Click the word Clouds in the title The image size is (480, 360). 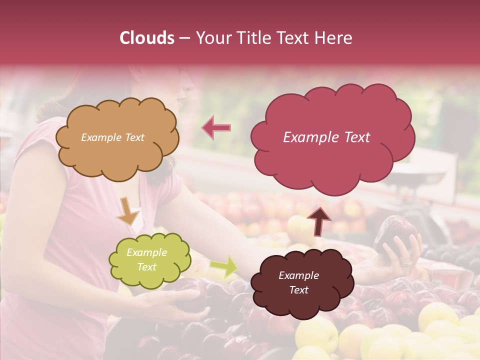click(x=147, y=38)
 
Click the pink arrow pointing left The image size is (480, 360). click(x=216, y=127)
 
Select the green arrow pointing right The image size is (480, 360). click(x=224, y=266)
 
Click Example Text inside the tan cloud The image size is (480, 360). click(x=112, y=137)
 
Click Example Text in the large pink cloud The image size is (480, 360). click(x=326, y=137)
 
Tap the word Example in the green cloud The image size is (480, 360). click(x=146, y=252)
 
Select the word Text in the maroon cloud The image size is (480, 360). click(x=298, y=290)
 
